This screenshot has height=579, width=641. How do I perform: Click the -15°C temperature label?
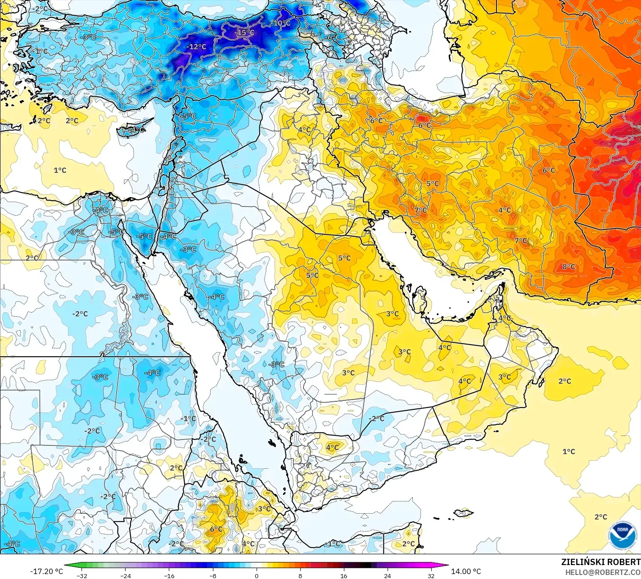[x=245, y=33]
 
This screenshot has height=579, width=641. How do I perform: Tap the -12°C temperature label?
[x=197, y=47]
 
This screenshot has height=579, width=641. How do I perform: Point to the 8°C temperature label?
[x=569, y=267]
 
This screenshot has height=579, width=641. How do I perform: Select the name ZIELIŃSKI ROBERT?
[x=600, y=562]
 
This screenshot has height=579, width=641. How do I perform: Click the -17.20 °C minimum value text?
[x=46, y=571]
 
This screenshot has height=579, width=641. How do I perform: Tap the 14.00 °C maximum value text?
[x=466, y=571]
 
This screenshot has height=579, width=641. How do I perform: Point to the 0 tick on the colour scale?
[x=257, y=575]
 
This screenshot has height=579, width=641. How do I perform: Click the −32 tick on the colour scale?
[x=81, y=575]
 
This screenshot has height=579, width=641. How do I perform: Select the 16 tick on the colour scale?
[x=343, y=575]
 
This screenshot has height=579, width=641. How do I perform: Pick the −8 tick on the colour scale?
[x=213, y=575]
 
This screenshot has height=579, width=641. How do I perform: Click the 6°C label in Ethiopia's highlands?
[x=216, y=529]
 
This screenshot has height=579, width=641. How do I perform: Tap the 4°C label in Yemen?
[x=332, y=447]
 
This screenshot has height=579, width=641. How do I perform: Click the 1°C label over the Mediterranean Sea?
[x=60, y=170]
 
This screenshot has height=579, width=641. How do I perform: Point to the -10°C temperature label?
[x=281, y=23]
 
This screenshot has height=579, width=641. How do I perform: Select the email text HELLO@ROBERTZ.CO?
[x=603, y=572]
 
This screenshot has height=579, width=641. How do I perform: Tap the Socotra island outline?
[x=463, y=512]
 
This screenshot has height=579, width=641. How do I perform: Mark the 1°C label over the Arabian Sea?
[x=569, y=451]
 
